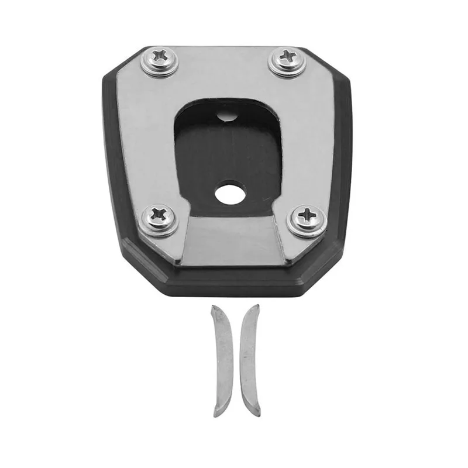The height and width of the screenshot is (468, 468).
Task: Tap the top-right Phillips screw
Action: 287,57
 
